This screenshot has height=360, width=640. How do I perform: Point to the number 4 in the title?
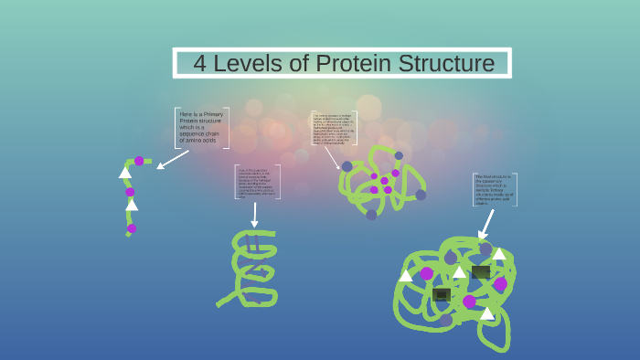[200, 63]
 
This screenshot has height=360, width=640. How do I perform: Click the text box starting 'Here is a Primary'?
[201, 127]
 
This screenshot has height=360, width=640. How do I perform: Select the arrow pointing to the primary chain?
[172, 159]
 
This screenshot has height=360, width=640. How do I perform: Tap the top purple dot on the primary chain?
[139, 161]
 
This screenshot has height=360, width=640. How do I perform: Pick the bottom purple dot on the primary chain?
[132, 228]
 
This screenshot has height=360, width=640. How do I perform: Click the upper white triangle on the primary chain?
[124, 172]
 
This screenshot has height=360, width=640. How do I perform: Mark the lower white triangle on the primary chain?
[132, 205]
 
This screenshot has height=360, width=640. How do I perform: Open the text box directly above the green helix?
[258, 182]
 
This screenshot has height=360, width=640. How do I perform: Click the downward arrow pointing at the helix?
[255, 216]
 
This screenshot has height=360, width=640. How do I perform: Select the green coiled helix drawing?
[252, 268]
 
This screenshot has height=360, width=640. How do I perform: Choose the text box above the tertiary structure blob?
[334, 128]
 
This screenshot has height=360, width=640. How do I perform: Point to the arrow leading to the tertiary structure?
[333, 157]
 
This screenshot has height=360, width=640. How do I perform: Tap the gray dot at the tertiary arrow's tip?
[347, 166]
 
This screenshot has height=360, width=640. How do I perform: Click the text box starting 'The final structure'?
[495, 189]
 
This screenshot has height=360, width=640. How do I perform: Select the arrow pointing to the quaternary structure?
[485, 225]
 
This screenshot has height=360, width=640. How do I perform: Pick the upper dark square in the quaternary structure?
[481, 271]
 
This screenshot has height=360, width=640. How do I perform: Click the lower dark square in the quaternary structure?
[442, 294]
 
